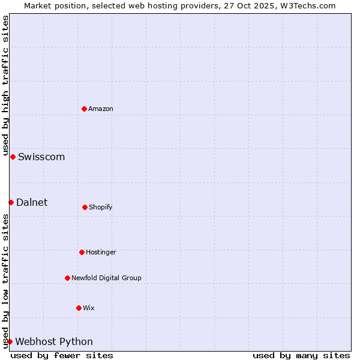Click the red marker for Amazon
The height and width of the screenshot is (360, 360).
pos(85,109)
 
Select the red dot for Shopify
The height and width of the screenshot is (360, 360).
pos(85,207)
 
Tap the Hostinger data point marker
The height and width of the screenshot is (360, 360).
pos(82,252)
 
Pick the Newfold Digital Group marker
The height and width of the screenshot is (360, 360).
pos(67,278)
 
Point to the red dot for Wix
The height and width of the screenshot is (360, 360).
pos(79,308)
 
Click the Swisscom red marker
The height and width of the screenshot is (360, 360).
pos(13,157)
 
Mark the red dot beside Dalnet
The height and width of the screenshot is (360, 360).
pos(11,202)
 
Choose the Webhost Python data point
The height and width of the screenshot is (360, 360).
pos(10,341)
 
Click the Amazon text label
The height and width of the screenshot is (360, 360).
pos(101,109)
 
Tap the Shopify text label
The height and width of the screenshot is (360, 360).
pos(101,207)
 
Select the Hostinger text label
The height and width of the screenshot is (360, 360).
pos(101,252)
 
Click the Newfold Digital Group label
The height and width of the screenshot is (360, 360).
pos(106,278)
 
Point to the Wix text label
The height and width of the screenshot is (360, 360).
pos(89,308)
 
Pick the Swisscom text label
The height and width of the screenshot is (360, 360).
pos(41,157)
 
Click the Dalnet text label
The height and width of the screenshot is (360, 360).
pos(32,203)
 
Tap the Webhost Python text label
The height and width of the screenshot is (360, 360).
pos(54,342)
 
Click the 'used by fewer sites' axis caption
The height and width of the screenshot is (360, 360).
pos(62,355)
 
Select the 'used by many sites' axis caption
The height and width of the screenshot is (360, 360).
pos(301,355)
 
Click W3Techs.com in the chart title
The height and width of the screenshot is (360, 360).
pos(305,5)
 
